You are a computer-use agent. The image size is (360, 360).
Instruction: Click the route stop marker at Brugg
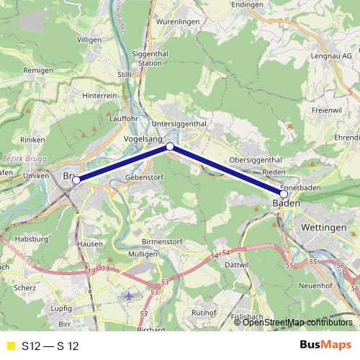(x=76, y=181)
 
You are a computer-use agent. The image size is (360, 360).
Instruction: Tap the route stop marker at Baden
(x=284, y=194)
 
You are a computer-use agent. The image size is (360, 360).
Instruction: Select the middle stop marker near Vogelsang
(x=170, y=147)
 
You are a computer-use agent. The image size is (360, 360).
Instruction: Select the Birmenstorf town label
(x=160, y=242)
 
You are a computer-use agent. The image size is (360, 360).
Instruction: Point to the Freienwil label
(x=325, y=111)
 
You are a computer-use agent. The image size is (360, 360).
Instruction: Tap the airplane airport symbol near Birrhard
(x=129, y=296)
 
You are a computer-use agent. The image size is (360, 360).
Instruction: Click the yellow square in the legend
(x=9, y=346)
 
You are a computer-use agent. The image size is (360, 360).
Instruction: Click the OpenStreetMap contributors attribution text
(x=297, y=322)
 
